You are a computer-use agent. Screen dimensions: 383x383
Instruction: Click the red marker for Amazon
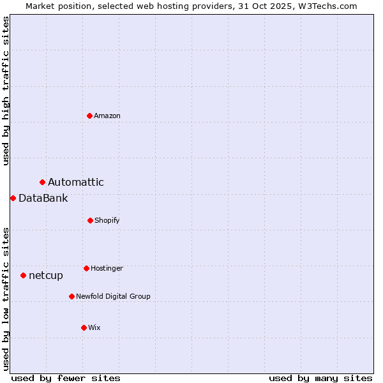[x=89, y=116]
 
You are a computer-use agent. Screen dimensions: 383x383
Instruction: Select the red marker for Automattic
[x=42, y=183]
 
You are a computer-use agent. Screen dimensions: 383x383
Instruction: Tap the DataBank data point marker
[x=13, y=198]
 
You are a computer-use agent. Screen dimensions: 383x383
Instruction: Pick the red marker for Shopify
[x=90, y=220]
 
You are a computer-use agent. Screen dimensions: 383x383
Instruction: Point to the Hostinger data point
[x=86, y=268]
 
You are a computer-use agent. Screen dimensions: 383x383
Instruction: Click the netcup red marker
[x=23, y=276]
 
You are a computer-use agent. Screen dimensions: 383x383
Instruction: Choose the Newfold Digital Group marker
[x=71, y=296]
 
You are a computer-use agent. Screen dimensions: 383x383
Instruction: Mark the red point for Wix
[x=84, y=327]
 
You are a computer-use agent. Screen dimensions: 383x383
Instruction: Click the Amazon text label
[x=107, y=116]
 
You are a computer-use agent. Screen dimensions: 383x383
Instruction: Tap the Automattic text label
[x=76, y=183]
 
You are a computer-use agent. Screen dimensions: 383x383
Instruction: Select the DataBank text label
[x=43, y=198]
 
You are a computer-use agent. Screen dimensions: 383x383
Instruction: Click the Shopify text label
[x=107, y=220]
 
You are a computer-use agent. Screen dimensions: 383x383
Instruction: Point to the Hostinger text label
[x=107, y=268]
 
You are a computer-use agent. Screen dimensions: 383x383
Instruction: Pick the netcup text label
[x=46, y=276]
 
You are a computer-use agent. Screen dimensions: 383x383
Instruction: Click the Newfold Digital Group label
[x=113, y=296]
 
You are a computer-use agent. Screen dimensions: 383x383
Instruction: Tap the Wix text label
[x=94, y=327]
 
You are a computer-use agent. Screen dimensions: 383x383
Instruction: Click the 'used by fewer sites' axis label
[x=66, y=378]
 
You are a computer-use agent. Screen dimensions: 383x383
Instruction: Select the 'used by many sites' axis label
[x=320, y=378]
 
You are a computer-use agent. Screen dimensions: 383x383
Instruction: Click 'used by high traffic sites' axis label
[x=6, y=91]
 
